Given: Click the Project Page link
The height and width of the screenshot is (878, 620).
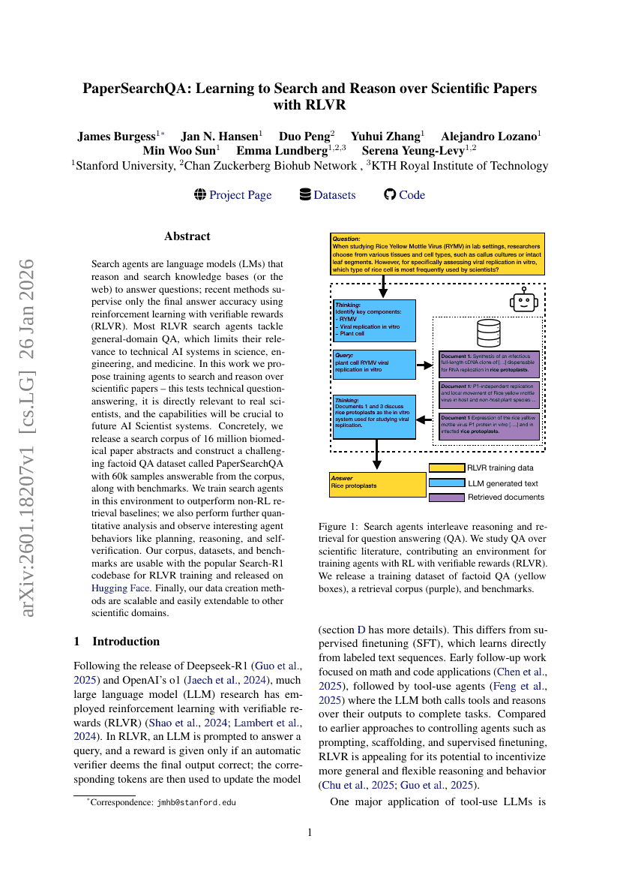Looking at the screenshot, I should click(240, 195).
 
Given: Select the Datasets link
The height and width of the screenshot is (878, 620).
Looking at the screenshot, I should click(334, 195).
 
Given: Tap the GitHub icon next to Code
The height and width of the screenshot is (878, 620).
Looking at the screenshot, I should click(389, 194).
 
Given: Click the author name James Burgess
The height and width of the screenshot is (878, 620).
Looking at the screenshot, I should click(116, 137).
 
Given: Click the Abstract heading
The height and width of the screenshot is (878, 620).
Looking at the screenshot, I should click(187, 236).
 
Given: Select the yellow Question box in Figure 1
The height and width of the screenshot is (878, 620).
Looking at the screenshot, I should click(437, 253).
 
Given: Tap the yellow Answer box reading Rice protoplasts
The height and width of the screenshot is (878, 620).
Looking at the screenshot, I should click(377, 484).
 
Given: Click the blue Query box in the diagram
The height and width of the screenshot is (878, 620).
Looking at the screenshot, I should click(373, 364).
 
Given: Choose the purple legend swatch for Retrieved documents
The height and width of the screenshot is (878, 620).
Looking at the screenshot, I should click(446, 497).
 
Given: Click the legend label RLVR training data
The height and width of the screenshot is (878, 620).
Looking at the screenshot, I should click(506, 468).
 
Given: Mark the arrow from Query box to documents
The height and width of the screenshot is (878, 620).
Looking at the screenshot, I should click(424, 365).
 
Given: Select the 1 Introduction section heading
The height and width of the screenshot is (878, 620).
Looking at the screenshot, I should click(116, 642).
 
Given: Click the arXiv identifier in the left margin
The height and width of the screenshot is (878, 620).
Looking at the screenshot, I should click(27, 438).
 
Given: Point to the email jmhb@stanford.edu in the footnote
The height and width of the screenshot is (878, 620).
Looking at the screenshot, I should click(196, 802).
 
